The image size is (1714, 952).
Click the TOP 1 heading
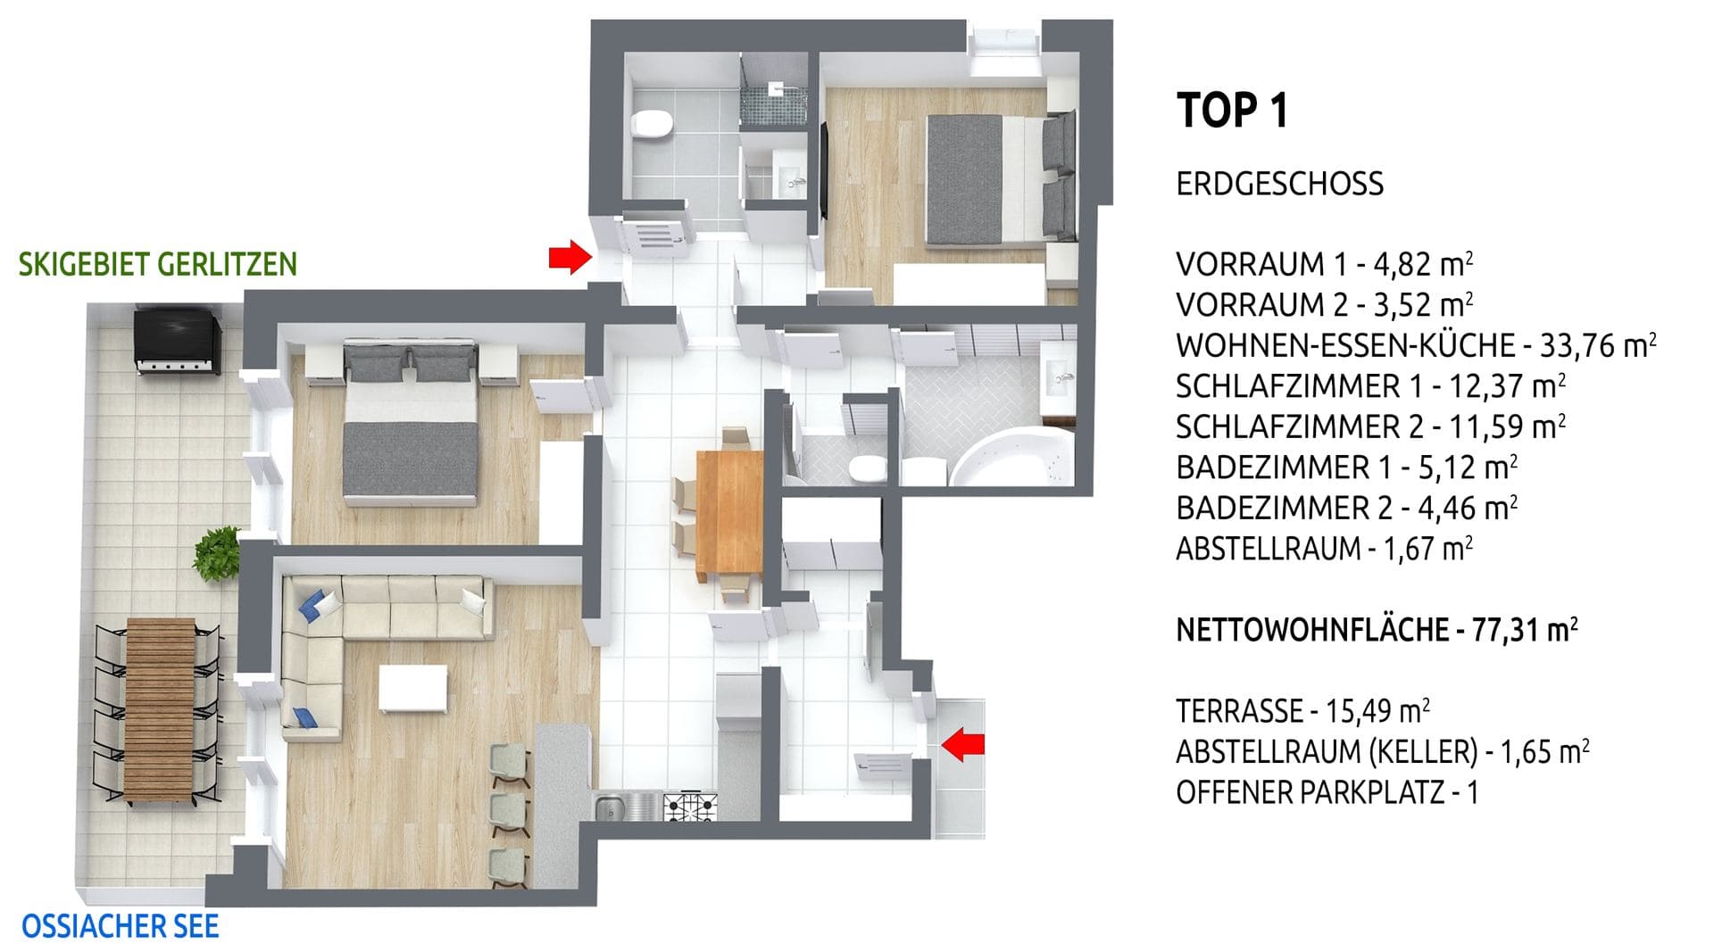tap(1233, 111)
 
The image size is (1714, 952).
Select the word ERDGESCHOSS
tap(1279, 184)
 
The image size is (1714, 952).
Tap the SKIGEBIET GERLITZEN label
tap(158, 264)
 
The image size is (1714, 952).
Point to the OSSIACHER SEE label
tap(121, 926)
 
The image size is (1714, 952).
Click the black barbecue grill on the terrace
tap(178, 338)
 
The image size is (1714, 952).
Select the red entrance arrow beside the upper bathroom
tap(570, 257)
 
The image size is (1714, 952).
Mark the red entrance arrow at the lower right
tap(963, 744)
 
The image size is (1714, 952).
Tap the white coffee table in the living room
tap(412, 687)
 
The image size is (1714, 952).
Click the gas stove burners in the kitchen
tap(688, 807)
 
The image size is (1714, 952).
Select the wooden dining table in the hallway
tap(729, 517)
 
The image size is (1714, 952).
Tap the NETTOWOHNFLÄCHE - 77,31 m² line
tap(1377, 630)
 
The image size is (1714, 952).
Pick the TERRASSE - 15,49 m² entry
tap(1302, 711)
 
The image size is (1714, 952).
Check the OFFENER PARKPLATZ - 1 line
tap(1327, 792)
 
